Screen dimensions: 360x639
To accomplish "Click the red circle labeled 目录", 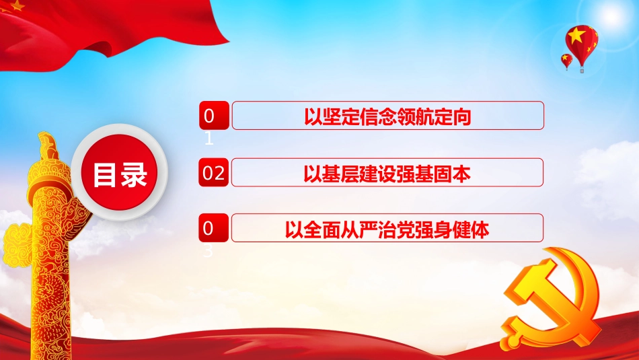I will (x=120, y=174).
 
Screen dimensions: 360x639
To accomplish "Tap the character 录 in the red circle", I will (x=135, y=175).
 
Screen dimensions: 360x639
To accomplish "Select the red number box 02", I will (x=213, y=173).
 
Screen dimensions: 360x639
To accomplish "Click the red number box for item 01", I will (x=213, y=116).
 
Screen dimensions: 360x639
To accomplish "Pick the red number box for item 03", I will (x=213, y=229).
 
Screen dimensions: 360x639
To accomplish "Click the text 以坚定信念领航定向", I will (x=387, y=116).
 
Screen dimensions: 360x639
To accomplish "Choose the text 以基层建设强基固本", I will (x=387, y=173).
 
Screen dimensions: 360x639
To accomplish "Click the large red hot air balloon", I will (x=582, y=42).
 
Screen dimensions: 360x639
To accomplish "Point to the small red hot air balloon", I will (x=567, y=61).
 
